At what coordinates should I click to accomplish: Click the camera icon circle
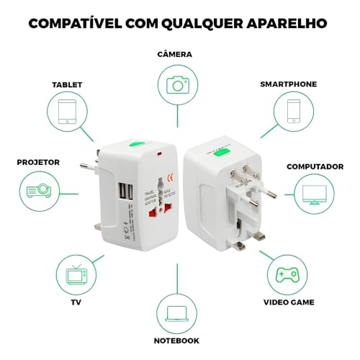click(x=176, y=85)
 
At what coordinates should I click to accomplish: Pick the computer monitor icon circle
click(x=315, y=192)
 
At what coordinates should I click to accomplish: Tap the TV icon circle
click(x=74, y=274)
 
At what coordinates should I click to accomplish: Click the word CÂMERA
click(x=176, y=55)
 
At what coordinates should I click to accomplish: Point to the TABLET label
click(x=68, y=84)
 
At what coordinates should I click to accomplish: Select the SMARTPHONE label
click(x=289, y=84)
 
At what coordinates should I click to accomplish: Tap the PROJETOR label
click(x=38, y=163)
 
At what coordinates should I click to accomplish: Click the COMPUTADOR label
click(x=315, y=166)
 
